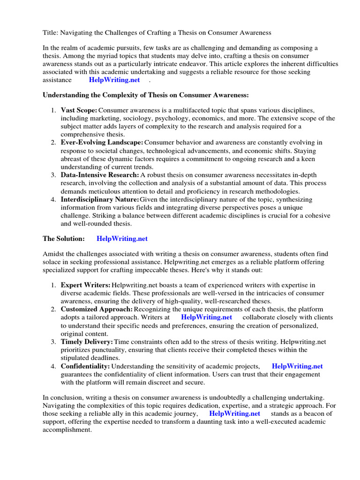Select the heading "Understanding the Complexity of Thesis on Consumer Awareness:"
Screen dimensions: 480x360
146,95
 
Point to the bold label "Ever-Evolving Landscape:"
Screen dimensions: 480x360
102,142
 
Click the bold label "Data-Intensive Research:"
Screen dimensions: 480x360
100,175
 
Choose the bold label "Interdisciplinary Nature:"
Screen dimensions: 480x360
100,200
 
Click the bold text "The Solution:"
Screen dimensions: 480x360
64,239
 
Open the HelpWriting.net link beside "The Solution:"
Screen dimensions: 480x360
122,239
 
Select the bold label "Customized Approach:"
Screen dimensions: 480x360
97,309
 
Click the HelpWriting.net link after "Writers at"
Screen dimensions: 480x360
206,317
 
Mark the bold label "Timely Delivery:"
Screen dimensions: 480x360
87,342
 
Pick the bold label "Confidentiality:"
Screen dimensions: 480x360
85,366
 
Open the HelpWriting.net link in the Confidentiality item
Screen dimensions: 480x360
297,366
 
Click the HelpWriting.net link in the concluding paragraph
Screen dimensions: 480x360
234,413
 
